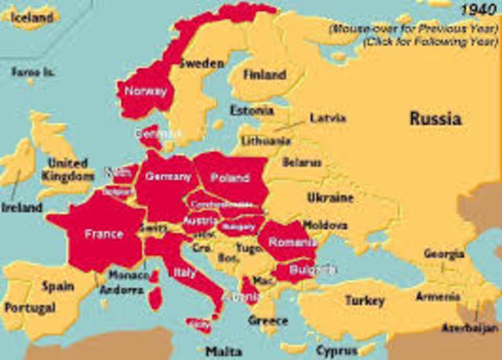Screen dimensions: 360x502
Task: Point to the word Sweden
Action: pos(202,64)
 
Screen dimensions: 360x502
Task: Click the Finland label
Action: pos(264,75)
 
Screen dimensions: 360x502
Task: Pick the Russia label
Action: pos(435,118)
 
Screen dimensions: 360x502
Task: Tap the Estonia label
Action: pos(251,110)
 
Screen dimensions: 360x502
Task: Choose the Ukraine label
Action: pos(329,198)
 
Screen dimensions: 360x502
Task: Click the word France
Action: pos(104,234)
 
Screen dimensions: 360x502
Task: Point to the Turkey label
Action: pos(365,300)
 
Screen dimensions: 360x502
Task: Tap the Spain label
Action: pos(57,287)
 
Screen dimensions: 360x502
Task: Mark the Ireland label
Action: pos(21,208)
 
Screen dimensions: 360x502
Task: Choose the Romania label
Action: pos(292,242)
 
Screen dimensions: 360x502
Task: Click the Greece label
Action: pos(268,320)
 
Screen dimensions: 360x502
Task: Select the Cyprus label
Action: pos(337,350)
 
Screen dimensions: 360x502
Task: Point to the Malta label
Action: pos(224,351)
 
